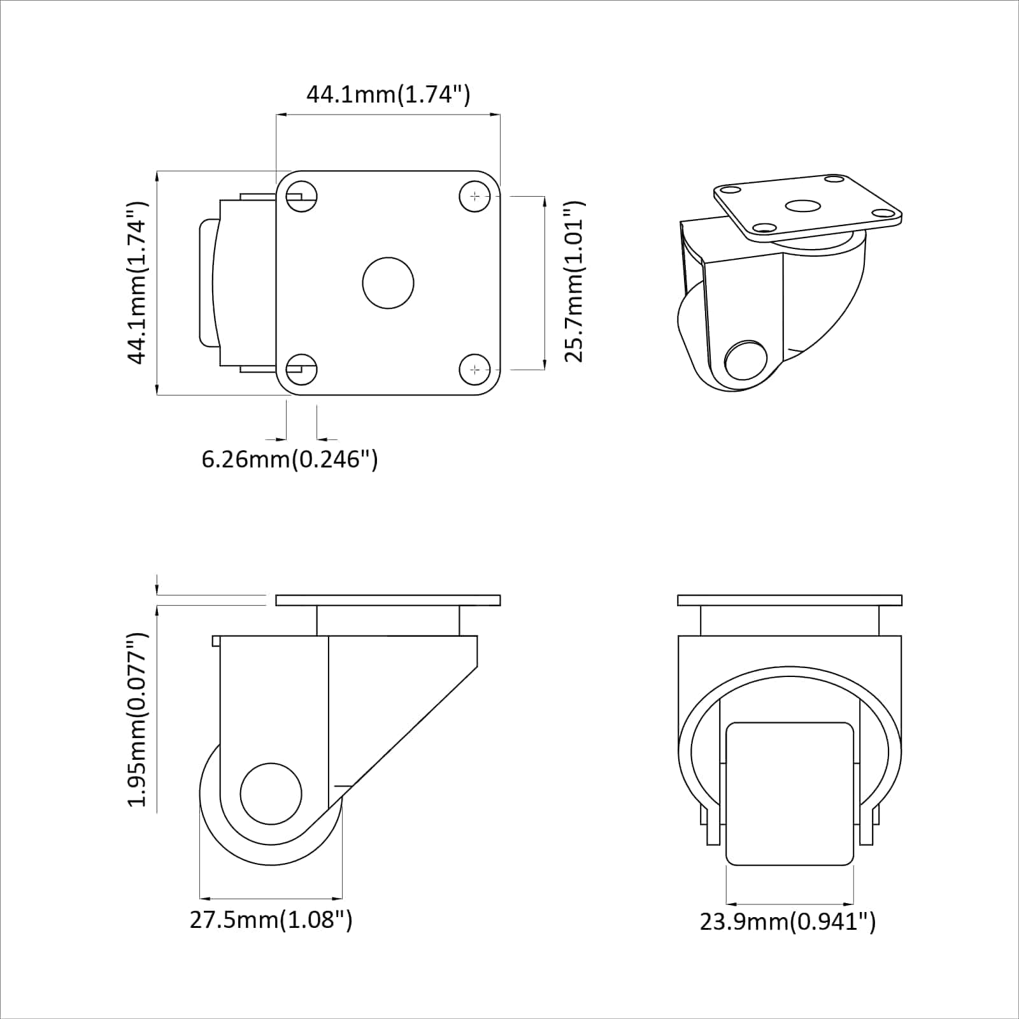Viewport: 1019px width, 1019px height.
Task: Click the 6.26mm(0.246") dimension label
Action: pyautogui.click(x=290, y=459)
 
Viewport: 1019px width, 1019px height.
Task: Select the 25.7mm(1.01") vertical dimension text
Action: pyautogui.click(x=574, y=282)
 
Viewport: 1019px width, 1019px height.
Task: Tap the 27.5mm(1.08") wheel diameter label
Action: pyautogui.click(x=271, y=920)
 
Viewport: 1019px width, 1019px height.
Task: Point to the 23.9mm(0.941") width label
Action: pyautogui.click(x=788, y=922)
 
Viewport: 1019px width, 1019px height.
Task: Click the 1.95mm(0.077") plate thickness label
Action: pyautogui.click(x=138, y=720)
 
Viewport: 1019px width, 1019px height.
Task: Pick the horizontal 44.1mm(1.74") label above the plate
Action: pyautogui.click(x=388, y=94)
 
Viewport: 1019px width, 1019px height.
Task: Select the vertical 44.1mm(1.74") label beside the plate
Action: pyautogui.click(x=138, y=282)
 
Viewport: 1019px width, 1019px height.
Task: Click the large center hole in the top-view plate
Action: pyautogui.click(x=388, y=283)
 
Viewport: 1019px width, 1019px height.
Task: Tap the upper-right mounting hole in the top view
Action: pyautogui.click(x=474, y=197)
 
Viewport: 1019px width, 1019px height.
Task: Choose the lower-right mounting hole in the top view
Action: pyautogui.click(x=474, y=369)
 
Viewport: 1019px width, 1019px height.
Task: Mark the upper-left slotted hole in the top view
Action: pyautogui.click(x=301, y=197)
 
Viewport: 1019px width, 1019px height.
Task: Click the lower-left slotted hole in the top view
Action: pyautogui.click(x=301, y=369)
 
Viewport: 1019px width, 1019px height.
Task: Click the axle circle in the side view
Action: pyautogui.click(x=271, y=794)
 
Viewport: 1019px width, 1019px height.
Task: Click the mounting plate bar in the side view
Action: pyautogui.click(x=388, y=600)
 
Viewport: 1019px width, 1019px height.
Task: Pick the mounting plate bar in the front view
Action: pyautogui.click(x=790, y=600)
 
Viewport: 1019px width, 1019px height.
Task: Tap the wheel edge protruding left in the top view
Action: pyautogui.click(x=206, y=283)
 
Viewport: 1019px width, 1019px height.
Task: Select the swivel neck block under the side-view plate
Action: pyautogui.click(x=387, y=620)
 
